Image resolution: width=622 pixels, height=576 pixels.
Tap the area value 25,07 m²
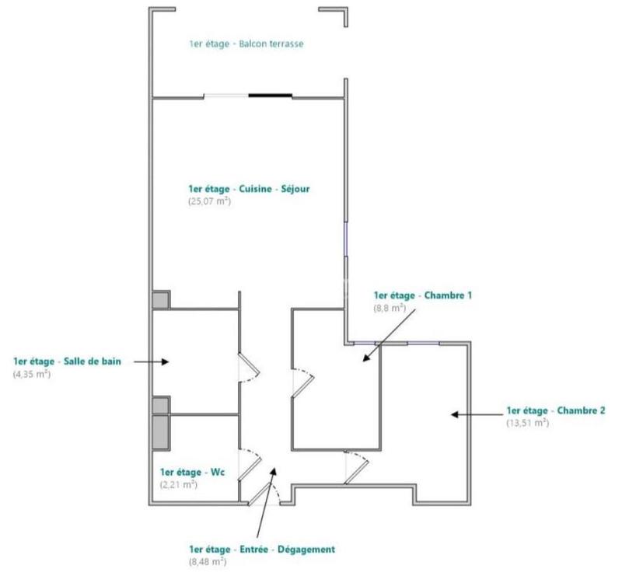210,201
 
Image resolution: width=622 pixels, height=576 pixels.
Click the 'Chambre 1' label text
423,295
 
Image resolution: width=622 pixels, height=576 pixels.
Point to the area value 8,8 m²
390,308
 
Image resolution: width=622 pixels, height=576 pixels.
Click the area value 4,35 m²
32,374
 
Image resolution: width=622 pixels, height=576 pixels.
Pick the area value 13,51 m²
527,424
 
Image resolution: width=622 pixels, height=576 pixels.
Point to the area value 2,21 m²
178,484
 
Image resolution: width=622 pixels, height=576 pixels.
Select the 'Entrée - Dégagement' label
261,549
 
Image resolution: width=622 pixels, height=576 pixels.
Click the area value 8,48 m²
207,561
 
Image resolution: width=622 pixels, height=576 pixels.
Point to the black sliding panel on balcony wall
271,96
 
